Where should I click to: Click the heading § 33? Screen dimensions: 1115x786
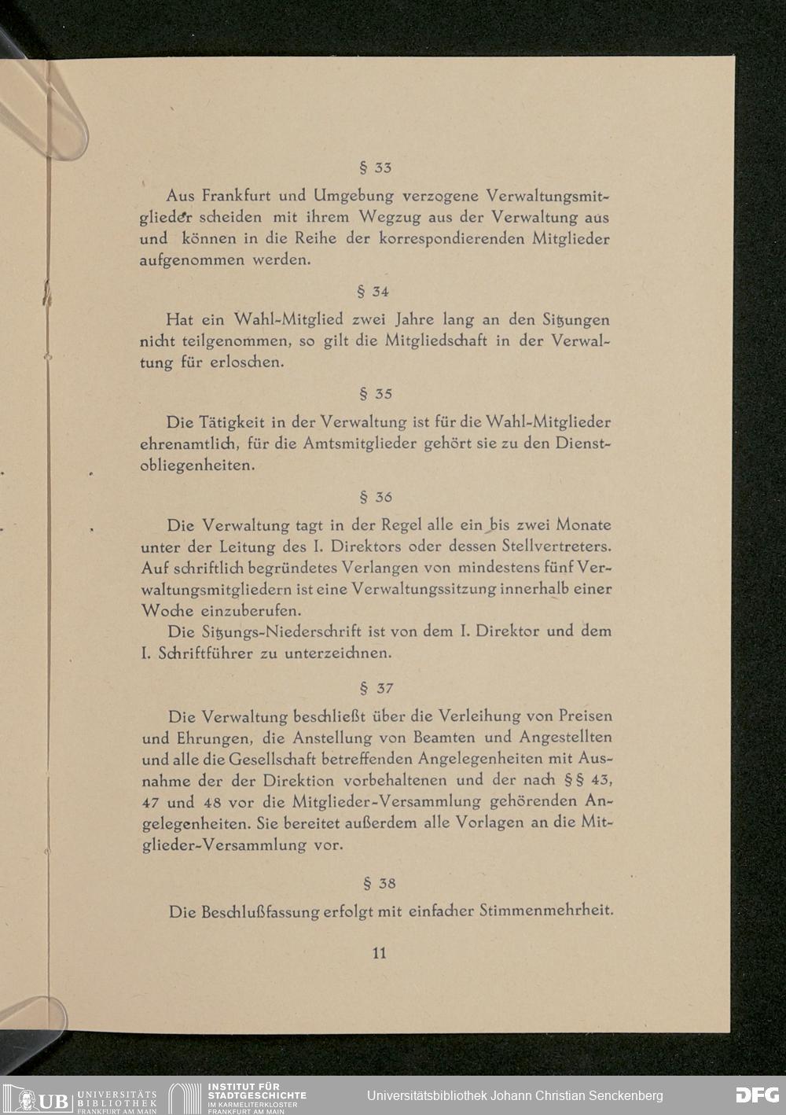pos(375,167)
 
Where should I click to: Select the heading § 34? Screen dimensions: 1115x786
pos(373,292)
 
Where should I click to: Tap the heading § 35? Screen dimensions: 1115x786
pos(375,394)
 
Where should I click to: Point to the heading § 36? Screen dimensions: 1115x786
pos(375,497)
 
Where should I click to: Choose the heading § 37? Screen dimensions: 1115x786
pos(376,689)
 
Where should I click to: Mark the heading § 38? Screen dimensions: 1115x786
pos(376,883)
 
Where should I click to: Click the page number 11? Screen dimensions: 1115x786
pos(379,953)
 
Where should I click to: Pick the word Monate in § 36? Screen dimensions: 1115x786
pos(583,524)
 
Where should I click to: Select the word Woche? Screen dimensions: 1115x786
pos(167,610)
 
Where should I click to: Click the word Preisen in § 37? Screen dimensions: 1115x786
pos(585,716)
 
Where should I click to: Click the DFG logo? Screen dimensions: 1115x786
pos(757,1095)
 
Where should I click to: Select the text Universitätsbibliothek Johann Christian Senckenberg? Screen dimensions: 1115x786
pos(515,1095)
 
